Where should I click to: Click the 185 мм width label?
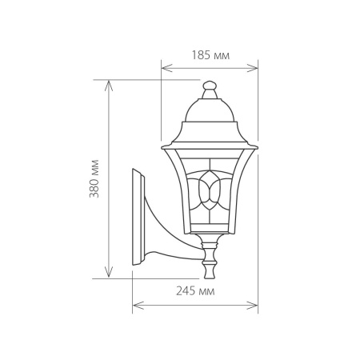tap(210, 55)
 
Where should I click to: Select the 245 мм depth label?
tap(195, 292)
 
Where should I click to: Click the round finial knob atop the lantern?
tap(210, 85)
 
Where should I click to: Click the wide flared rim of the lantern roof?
tap(210, 146)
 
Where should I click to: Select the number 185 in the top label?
tap(202, 55)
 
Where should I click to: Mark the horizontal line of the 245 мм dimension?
tap(195, 304)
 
